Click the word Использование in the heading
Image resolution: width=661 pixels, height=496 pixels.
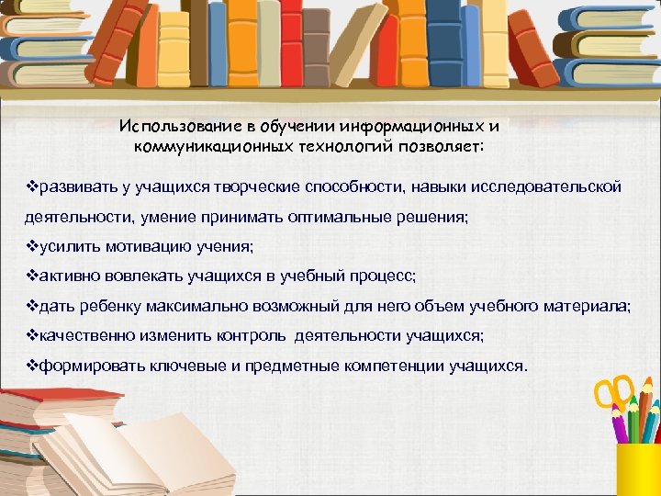click(173, 126)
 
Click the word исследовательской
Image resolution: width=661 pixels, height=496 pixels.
click(545, 187)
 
